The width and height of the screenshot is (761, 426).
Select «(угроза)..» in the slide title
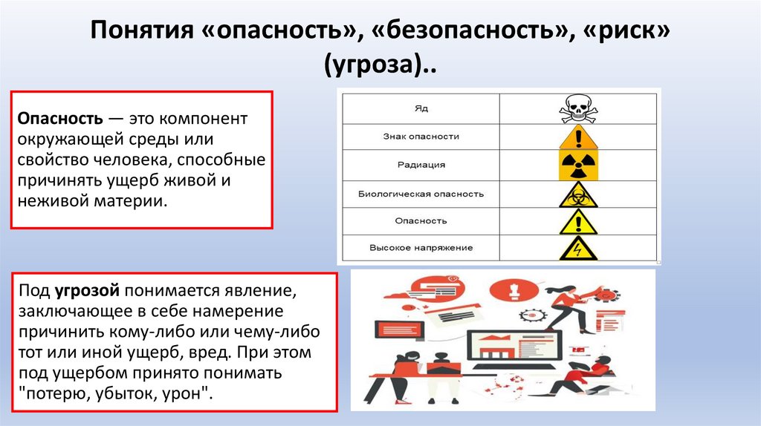coord(380,68)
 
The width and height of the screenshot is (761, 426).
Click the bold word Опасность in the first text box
coord(59,119)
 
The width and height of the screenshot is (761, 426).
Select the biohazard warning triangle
coord(577,194)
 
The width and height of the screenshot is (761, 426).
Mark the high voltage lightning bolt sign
coord(577,249)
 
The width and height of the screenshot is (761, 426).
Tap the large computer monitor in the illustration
coord(512,339)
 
